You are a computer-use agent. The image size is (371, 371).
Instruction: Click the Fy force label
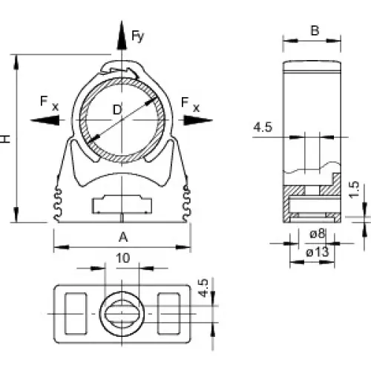(137, 36)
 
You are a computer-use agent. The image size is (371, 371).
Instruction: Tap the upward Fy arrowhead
(122, 35)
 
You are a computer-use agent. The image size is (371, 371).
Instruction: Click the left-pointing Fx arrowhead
(45, 120)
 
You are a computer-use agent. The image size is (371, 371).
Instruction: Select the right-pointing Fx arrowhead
(198, 120)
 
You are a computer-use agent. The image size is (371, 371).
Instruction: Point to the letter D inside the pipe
(117, 110)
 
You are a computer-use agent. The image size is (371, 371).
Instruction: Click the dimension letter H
(5, 139)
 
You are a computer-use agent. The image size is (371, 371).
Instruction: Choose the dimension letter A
(123, 237)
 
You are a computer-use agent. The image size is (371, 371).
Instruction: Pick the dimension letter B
(315, 30)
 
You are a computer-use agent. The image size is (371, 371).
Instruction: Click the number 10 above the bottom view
(123, 258)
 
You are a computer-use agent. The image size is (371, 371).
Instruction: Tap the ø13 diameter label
(318, 252)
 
